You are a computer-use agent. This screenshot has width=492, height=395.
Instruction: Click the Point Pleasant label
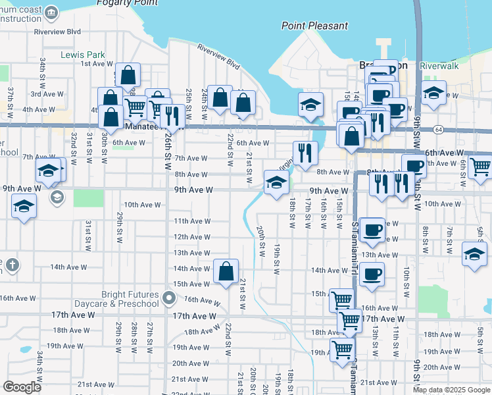[x=314, y=26]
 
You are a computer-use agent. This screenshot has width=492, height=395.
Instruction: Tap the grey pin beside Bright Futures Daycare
[x=169, y=298]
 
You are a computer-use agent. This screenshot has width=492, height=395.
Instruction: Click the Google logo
[x=22, y=387]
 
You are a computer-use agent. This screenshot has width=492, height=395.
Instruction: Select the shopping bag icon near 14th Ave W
[x=226, y=271]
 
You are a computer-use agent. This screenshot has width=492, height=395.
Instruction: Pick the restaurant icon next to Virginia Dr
[x=305, y=153]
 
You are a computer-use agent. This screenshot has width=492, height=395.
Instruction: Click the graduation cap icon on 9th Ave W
[x=276, y=182]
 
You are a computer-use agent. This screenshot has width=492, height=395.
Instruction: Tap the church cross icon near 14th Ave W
[x=12, y=265]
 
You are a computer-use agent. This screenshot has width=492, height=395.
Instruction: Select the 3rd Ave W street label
[x=47, y=94]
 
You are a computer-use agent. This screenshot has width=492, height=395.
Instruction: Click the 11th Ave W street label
[x=190, y=221]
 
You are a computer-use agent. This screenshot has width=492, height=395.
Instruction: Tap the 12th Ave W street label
[x=191, y=237]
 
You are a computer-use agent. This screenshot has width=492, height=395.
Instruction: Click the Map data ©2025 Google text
[x=451, y=390]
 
